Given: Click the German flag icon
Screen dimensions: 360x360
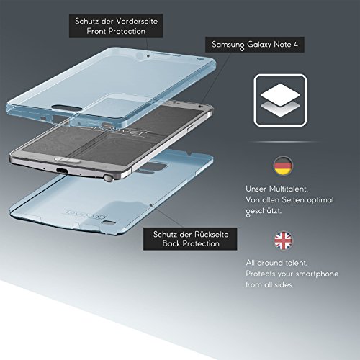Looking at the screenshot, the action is click(283, 166).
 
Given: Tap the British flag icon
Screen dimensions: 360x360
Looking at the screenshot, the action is click(283, 240).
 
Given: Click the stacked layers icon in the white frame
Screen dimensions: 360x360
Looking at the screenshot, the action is click(280, 100).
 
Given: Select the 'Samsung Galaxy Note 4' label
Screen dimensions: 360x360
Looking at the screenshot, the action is click(255, 45).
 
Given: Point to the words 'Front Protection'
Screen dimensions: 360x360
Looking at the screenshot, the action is click(116, 31).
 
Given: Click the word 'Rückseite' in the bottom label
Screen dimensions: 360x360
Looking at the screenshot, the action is click(211, 234).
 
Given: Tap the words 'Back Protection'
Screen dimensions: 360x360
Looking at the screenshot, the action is click(191, 243).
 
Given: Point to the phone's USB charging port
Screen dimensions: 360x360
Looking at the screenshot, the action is click(62, 171).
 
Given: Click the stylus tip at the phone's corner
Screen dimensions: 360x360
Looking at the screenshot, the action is click(109, 178).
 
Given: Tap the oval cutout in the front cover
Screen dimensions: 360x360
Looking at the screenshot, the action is click(66, 107).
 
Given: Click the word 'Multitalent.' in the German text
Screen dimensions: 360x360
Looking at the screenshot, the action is click(289, 189).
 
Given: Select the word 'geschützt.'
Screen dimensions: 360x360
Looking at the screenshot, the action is click(264, 212).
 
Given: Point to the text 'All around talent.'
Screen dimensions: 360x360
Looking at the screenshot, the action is click(276, 263).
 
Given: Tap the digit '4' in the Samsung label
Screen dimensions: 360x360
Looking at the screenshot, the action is click(296, 45).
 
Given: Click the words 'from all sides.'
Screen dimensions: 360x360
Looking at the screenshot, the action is click(269, 285).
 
